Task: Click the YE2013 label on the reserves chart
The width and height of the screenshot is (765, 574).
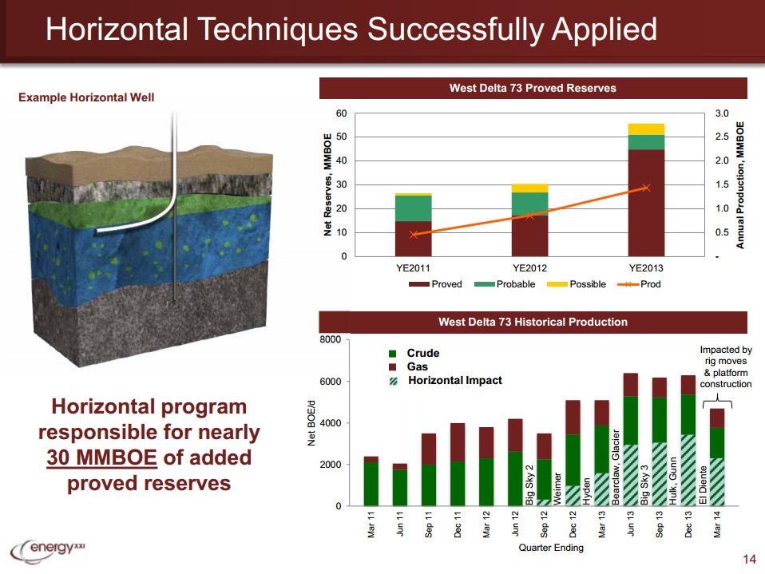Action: (646, 267)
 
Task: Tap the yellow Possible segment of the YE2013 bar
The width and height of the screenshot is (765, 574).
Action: (646, 129)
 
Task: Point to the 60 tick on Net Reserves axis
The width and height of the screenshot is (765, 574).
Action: (341, 113)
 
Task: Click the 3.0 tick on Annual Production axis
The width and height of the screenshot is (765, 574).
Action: (721, 113)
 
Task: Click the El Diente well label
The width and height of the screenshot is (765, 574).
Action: (703, 484)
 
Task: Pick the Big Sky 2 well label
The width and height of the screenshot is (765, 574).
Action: (529, 484)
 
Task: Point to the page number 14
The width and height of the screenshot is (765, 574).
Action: (748, 558)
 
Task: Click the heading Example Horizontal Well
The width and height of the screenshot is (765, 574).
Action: (86, 97)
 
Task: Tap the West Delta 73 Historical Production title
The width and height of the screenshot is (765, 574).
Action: (533, 323)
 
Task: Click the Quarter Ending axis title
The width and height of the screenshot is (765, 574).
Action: (551, 548)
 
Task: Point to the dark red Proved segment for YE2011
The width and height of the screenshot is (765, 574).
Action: (414, 239)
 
